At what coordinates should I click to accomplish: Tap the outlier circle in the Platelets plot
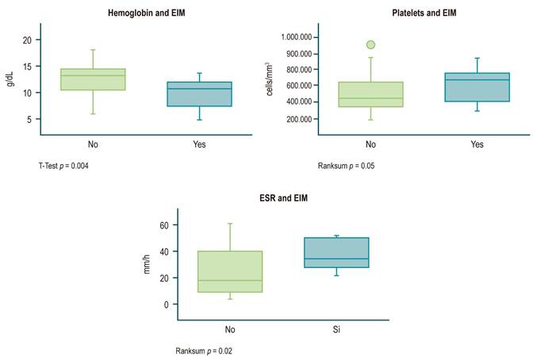[x=370, y=44]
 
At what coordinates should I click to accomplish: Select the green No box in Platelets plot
[x=370, y=94]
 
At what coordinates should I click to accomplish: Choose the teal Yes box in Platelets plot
[x=477, y=86]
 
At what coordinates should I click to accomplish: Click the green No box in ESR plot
[x=230, y=271]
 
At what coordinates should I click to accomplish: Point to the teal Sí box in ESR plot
[x=336, y=252]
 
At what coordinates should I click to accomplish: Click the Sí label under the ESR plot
[x=337, y=327]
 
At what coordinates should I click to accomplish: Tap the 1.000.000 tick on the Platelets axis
[x=295, y=37]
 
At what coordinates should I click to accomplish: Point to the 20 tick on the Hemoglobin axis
[x=27, y=40]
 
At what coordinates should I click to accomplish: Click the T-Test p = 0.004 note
[x=69, y=165]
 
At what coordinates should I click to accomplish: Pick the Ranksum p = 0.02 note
[x=204, y=350]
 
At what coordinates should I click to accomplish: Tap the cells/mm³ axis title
[x=271, y=79]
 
